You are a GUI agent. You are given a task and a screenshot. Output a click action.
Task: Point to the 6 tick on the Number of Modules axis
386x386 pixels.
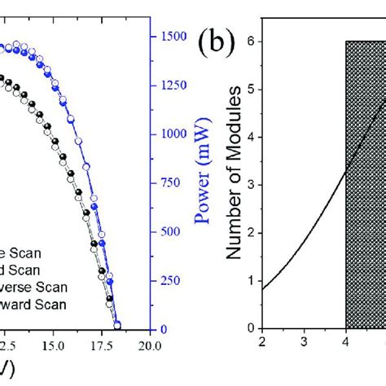252,41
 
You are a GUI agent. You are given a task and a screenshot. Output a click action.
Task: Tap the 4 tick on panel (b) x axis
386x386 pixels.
346,342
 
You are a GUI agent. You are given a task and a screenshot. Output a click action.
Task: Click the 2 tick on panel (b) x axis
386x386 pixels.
261,342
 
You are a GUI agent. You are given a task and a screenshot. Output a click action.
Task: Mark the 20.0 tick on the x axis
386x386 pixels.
149,343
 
